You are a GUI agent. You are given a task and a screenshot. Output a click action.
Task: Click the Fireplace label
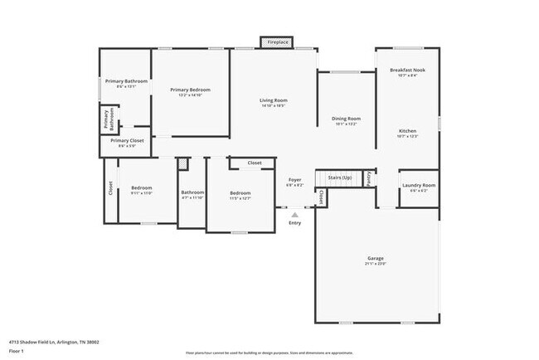coord(278,41)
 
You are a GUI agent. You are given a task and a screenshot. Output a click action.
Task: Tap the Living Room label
coord(273,100)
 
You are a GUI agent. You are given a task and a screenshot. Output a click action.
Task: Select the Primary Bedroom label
coord(190,90)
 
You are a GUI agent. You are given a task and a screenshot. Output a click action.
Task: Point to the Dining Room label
coord(346,119)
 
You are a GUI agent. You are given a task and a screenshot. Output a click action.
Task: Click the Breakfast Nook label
coord(407,71)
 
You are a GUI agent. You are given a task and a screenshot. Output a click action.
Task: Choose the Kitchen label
coord(407,131)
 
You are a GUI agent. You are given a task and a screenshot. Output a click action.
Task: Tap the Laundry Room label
coord(419,185)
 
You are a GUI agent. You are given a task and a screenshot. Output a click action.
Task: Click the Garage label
coord(376,258)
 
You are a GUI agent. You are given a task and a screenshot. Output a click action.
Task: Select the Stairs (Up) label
coord(340,178)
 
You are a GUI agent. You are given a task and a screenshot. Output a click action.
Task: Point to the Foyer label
coord(294,179)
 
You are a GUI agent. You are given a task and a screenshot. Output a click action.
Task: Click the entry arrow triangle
coord(294,214)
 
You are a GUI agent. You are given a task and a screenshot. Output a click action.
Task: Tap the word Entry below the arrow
coord(294,222)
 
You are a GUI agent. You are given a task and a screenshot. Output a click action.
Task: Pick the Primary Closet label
coord(127,141)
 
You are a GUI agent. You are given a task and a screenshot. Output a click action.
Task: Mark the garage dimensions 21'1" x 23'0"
coord(376,264)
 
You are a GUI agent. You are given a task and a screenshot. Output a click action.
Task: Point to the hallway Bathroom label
coord(192,192)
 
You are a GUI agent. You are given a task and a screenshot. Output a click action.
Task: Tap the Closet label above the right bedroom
coord(255,163)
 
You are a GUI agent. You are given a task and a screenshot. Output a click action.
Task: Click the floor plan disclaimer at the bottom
coord(269,353)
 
